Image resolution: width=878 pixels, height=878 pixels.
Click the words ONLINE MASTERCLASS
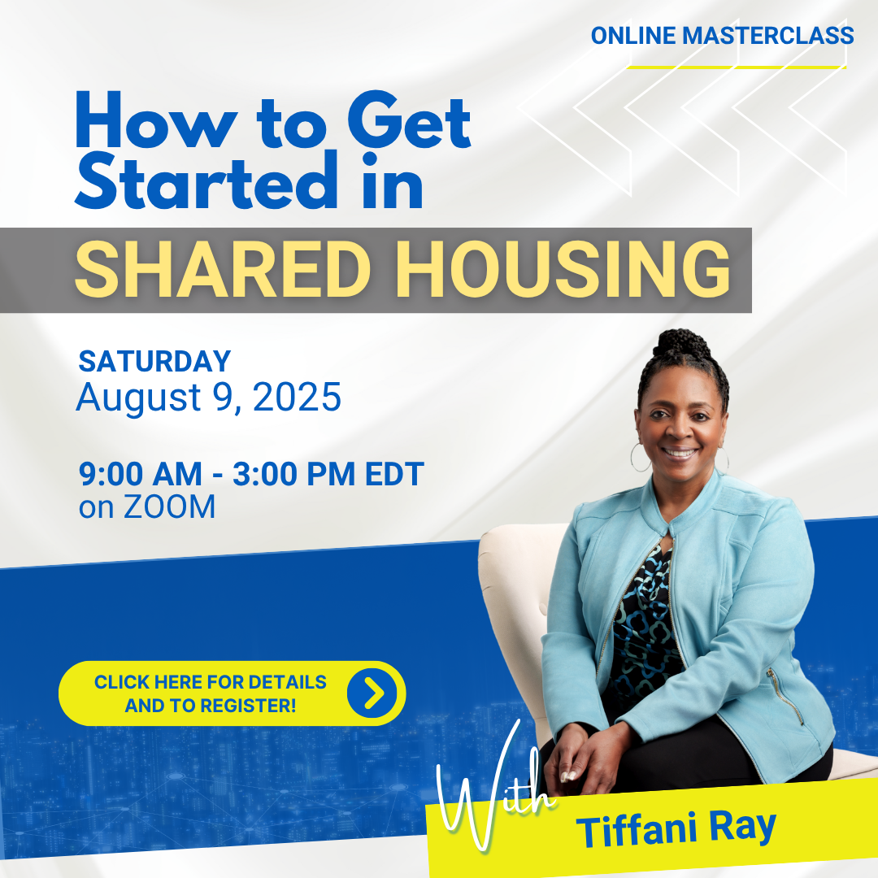pyautogui.click(x=722, y=36)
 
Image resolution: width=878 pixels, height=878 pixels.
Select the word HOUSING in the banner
pyautogui.click(x=563, y=269)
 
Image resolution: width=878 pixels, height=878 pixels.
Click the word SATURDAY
pyautogui.click(x=154, y=361)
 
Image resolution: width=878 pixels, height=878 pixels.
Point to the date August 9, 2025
pyautogui.click(x=208, y=398)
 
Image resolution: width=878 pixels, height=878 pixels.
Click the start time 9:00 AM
pyautogui.click(x=140, y=474)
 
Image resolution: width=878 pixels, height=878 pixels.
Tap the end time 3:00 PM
pyautogui.click(x=294, y=474)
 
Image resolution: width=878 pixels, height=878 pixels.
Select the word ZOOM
pyautogui.click(x=169, y=506)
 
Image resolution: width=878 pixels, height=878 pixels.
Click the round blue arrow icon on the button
pyautogui.click(x=372, y=693)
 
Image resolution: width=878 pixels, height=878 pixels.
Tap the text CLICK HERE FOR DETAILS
pyautogui.click(x=210, y=682)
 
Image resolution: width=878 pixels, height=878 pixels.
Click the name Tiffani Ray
pyautogui.click(x=676, y=828)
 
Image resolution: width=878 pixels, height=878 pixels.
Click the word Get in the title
pyautogui.click(x=409, y=121)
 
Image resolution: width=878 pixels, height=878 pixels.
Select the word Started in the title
pyautogui.click(x=206, y=180)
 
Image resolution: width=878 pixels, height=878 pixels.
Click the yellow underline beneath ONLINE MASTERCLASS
pyautogui.click(x=737, y=67)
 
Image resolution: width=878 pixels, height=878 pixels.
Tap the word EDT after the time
pyautogui.click(x=394, y=474)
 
